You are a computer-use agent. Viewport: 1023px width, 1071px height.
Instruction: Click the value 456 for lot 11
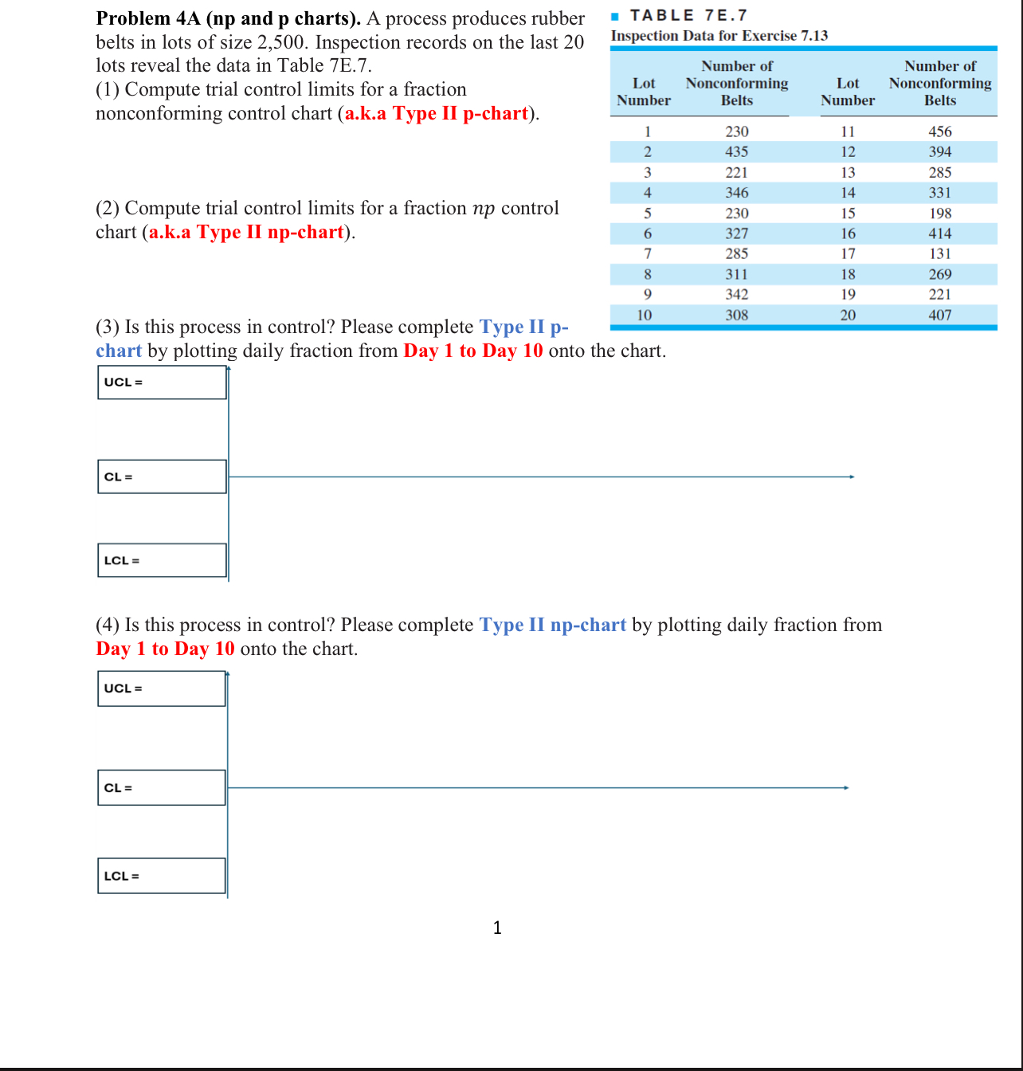[939, 131]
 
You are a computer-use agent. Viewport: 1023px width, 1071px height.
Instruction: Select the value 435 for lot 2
[736, 151]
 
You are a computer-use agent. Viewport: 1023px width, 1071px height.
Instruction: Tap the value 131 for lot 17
[939, 253]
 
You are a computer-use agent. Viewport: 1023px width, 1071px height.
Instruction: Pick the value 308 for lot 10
[736, 315]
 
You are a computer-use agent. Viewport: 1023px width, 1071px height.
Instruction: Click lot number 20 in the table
[848, 315]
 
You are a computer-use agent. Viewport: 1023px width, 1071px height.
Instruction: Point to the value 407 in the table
[939, 315]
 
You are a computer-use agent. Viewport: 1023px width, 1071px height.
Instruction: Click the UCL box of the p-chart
[162, 382]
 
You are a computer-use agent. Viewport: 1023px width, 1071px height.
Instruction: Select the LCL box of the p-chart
[162, 560]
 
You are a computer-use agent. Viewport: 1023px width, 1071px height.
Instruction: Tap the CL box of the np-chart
[162, 787]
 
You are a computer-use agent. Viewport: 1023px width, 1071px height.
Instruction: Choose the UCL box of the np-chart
[162, 688]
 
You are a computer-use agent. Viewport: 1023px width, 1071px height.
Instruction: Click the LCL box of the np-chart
[162, 876]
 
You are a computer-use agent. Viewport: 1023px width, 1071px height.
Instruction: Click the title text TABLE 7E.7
[688, 16]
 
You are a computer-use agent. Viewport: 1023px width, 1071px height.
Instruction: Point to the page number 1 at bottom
[497, 928]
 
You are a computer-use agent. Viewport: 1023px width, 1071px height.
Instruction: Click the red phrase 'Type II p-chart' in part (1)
[460, 113]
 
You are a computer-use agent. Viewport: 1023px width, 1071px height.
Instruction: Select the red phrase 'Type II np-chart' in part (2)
[269, 232]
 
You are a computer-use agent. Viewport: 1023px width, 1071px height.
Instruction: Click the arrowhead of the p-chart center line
[852, 477]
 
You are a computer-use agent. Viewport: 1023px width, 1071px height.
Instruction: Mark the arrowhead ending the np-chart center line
[846, 787]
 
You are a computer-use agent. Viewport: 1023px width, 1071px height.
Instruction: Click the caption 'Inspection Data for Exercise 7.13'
[719, 36]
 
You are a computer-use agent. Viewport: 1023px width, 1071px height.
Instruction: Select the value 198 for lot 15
[939, 213]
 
